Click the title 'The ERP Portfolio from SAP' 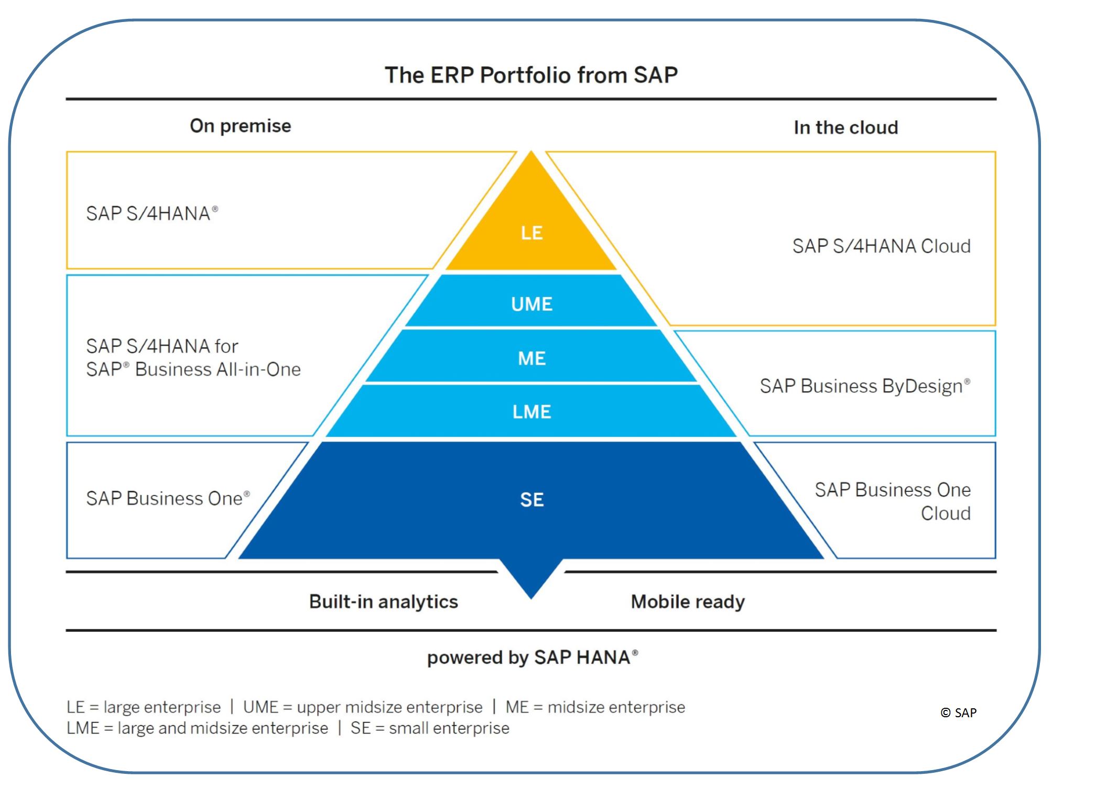pyautogui.click(x=531, y=75)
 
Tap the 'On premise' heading pyautogui.click(x=240, y=126)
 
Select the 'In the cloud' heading pyautogui.click(x=845, y=127)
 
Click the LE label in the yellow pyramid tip pyautogui.click(x=532, y=233)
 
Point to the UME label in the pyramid pyautogui.click(x=532, y=304)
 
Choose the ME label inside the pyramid pyautogui.click(x=532, y=358)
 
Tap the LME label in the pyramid pyautogui.click(x=532, y=412)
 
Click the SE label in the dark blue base pyautogui.click(x=532, y=500)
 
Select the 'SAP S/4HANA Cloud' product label pyautogui.click(x=881, y=246)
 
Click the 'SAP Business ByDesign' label pyautogui.click(x=864, y=386)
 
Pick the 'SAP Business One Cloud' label pyautogui.click(x=892, y=501)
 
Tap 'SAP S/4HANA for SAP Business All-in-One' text pyautogui.click(x=193, y=358)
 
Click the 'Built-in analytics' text pyautogui.click(x=383, y=601)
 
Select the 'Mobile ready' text pyautogui.click(x=688, y=601)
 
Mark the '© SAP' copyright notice pyautogui.click(x=958, y=713)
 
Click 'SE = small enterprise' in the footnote pyautogui.click(x=430, y=728)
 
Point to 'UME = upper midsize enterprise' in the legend pyautogui.click(x=363, y=707)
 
